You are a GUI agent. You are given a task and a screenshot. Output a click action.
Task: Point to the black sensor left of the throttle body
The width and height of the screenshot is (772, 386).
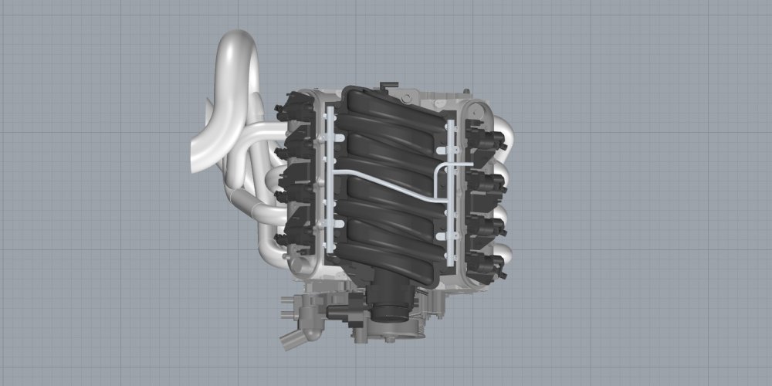coord(344,312)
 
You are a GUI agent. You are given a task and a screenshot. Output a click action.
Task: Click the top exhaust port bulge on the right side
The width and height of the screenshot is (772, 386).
coord(505,127)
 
